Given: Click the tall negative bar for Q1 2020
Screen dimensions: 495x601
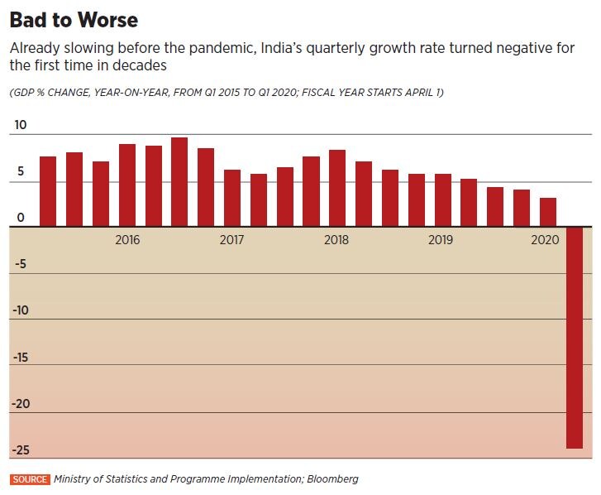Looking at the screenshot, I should [574, 337].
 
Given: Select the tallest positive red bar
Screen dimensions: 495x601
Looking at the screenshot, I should [179, 181].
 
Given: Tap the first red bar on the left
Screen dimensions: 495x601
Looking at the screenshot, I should [48, 190].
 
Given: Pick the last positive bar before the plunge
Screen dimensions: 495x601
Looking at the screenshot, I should [547, 211].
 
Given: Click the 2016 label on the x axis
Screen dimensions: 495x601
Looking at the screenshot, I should [127, 239].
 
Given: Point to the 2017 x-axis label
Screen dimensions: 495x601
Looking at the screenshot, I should [231, 239].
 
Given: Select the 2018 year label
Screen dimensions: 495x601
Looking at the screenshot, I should [336, 239].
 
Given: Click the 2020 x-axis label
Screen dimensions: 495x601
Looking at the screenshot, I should [546, 239].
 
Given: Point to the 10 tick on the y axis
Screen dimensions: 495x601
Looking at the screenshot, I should [20, 126].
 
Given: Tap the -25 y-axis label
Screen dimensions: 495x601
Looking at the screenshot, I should [22, 450].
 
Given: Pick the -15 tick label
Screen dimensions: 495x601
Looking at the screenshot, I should [22, 358].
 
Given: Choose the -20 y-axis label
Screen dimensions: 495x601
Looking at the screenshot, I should [22, 404].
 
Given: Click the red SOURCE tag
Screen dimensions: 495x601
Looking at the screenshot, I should [29, 479].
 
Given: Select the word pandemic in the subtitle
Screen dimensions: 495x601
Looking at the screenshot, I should [234, 47].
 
